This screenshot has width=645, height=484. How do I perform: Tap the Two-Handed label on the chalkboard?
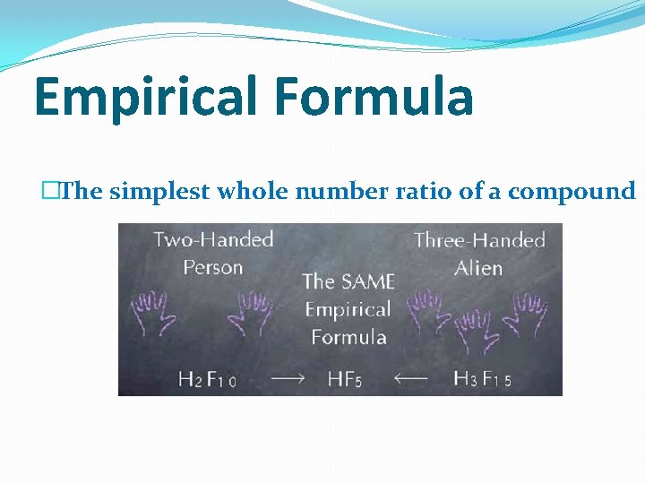tap(213, 239)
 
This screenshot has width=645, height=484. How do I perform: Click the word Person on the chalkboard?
tap(213, 267)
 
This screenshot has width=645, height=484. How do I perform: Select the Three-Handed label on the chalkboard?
tap(479, 240)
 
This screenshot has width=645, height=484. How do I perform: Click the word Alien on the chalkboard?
tap(478, 268)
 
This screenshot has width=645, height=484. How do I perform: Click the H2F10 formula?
tap(207, 379)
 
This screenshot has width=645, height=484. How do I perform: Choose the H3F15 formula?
tap(482, 379)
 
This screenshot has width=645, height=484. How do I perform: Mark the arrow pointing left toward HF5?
tap(411, 378)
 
